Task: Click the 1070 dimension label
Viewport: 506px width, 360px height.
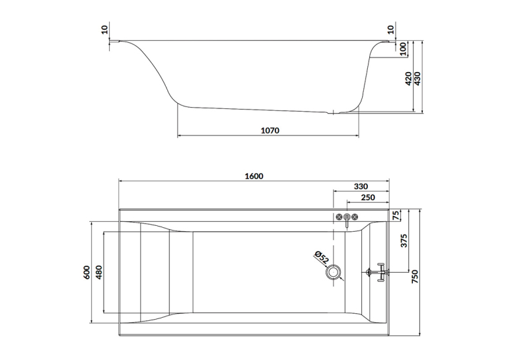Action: pos(270,131)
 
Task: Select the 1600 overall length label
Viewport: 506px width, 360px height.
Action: pos(254,176)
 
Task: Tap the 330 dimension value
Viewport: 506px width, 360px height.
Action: pos(361,186)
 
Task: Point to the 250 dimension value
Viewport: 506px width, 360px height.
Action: pos(368,198)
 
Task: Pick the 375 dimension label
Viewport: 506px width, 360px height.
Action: pos(404,240)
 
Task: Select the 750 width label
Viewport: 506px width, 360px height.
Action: pos(415,277)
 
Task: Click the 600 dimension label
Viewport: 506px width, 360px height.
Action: pos(87,272)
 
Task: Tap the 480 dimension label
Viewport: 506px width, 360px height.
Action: pos(98,272)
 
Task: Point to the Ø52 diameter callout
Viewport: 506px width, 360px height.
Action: pos(322,258)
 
